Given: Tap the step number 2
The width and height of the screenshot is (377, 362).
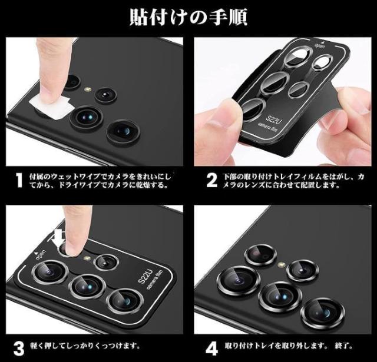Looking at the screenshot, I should coord(211,180).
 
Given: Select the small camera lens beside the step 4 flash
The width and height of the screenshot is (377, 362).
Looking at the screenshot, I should coord(298,270).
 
